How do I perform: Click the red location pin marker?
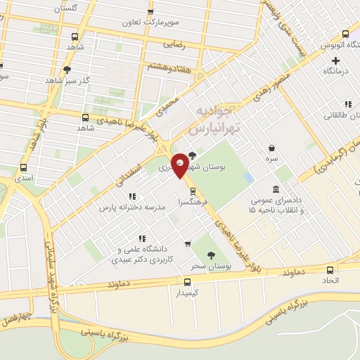[x=181, y=165]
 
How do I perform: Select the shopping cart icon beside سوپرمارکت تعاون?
[x=151, y=11]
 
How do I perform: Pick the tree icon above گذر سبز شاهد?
[x=67, y=70]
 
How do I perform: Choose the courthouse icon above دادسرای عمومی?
[x=275, y=189]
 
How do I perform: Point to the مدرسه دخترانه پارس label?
[x=131, y=207]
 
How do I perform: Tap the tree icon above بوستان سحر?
[x=210, y=256]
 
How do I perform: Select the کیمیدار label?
[x=184, y=292]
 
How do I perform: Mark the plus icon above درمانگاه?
[x=345, y=60]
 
